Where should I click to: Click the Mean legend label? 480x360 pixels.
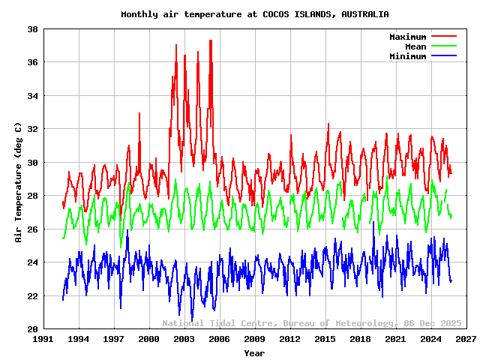(x=415, y=46)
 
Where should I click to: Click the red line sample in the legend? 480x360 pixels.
(x=443, y=37)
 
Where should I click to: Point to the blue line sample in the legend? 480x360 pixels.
(x=443, y=56)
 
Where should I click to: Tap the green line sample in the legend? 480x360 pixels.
(x=443, y=46)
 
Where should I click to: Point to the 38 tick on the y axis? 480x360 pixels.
(x=33, y=29)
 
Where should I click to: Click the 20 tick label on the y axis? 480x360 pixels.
(x=33, y=329)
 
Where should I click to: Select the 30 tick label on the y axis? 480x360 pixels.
(x=33, y=163)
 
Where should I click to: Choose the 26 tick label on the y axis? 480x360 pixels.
(x=33, y=229)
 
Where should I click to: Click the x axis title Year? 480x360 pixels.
(x=254, y=353)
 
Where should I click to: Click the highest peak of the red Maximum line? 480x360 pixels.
(x=211, y=40)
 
